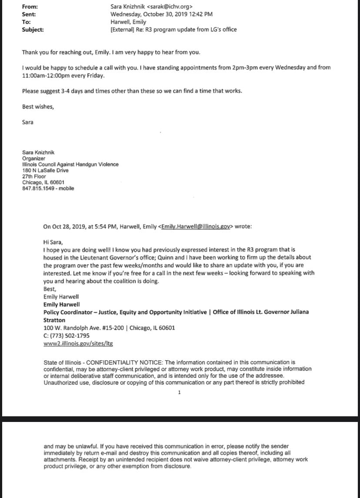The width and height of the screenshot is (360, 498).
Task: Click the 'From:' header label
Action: click(x=30, y=7)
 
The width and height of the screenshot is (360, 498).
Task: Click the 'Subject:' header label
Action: click(x=33, y=30)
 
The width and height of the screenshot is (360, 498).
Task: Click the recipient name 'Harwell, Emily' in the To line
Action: click(x=128, y=22)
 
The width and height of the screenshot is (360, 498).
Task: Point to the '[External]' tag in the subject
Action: click(x=124, y=30)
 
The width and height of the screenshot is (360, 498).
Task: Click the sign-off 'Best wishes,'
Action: click(x=38, y=106)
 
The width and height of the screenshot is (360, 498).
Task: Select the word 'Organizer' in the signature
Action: click(x=33, y=159)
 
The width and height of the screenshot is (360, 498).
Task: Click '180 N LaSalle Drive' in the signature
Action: click(x=45, y=171)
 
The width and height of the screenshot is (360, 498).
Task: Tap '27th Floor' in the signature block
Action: click(x=34, y=176)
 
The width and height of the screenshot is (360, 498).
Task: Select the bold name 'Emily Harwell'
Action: click(x=61, y=305)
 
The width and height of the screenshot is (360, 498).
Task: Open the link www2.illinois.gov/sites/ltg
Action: click(x=78, y=343)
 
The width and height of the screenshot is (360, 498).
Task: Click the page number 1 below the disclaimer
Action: click(x=179, y=393)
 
